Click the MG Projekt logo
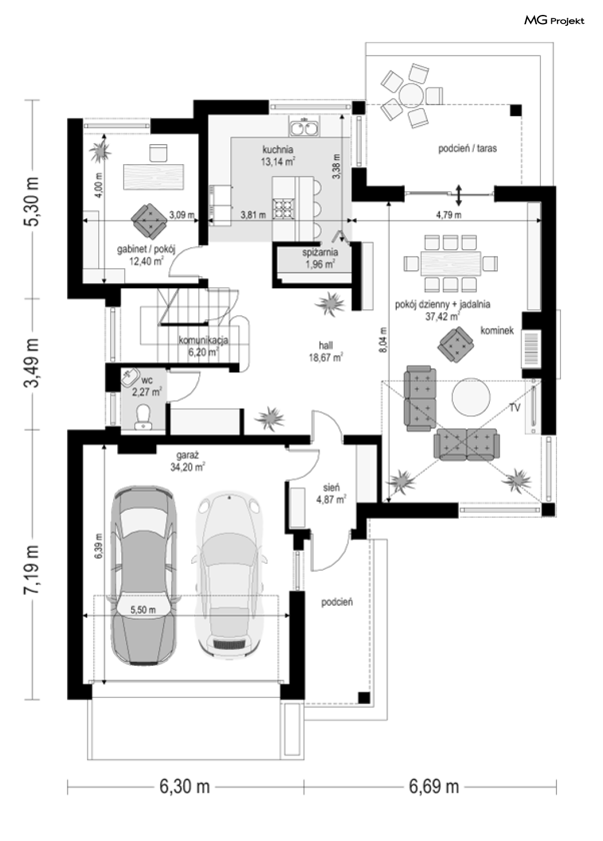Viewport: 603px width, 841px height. pyautogui.click(x=554, y=21)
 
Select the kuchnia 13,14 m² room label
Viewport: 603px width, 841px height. pyautogui.click(x=278, y=156)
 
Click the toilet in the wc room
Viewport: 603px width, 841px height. pyautogui.click(x=143, y=416)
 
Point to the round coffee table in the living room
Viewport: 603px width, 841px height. pyautogui.click(x=471, y=397)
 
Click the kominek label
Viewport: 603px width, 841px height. pyautogui.click(x=497, y=331)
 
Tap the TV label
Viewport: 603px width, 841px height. pyautogui.click(x=515, y=408)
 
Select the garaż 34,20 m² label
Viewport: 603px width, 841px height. pyautogui.click(x=187, y=462)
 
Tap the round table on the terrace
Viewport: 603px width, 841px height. pyautogui.click(x=411, y=95)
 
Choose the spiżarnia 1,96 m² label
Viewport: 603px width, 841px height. pyautogui.click(x=320, y=258)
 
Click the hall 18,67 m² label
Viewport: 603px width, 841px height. pyautogui.click(x=326, y=351)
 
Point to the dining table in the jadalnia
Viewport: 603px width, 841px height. pyautogui.click(x=451, y=263)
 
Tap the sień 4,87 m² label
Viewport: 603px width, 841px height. pyautogui.click(x=331, y=494)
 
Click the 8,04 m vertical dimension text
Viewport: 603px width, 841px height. pyautogui.click(x=383, y=340)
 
